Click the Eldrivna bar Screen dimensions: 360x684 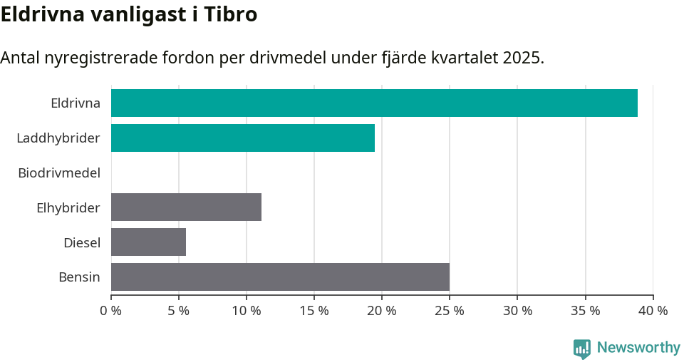pyautogui.click(x=374, y=103)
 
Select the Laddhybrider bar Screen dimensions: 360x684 pyautogui.click(x=243, y=138)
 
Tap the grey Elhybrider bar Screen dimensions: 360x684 pyautogui.click(x=186, y=207)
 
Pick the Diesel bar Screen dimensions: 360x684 pyautogui.click(x=148, y=242)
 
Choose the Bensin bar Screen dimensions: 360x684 pyautogui.click(x=280, y=277)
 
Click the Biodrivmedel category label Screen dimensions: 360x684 pyautogui.click(x=59, y=173)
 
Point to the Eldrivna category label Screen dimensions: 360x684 pyautogui.click(x=76, y=103)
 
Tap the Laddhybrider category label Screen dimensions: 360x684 pyautogui.click(x=58, y=138)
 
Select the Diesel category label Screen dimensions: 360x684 pyautogui.click(x=82, y=242)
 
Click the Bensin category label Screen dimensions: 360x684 pyautogui.click(x=79, y=277)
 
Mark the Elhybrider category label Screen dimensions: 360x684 pyautogui.click(x=68, y=207)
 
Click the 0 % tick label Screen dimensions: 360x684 pyautogui.click(x=110, y=311)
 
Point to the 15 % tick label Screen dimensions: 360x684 pyautogui.click(x=314, y=311)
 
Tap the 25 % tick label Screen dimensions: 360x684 pyautogui.click(x=450, y=311)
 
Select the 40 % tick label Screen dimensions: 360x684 pyautogui.click(x=653, y=311)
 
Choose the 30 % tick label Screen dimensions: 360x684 pyautogui.click(x=517, y=311)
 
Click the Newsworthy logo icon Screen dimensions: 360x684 pyautogui.click(x=582, y=348)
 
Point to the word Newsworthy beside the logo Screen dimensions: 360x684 pyautogui.click(x=638, y=348)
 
